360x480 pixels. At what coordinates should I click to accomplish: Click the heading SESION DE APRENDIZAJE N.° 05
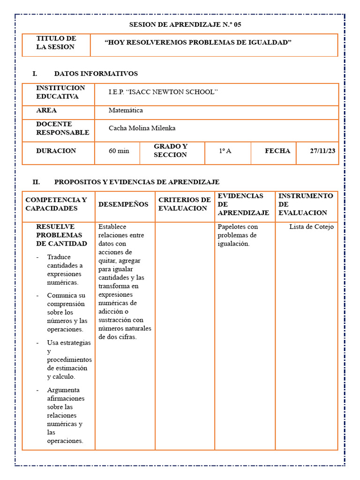[x=185, y=24]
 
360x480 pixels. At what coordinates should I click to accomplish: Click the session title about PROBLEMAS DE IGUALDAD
[x=198, y=43]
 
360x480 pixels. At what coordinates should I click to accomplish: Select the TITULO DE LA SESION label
[x=56, y=43]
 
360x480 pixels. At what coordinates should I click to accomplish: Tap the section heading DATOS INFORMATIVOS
[x=96, y=74]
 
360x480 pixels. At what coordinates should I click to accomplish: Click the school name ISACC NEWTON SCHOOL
[x=163, y=92]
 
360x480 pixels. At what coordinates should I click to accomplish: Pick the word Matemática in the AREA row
[x=126, y=111]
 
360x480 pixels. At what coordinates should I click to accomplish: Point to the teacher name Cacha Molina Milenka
[x=142, y=128]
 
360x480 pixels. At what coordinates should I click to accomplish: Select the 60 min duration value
[x=119, y=151]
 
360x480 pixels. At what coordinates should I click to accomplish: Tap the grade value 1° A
[x=225, y=151]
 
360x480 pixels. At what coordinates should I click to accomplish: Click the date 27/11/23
[x=322, y=151]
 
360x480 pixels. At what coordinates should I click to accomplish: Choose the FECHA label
[x=277, y=151]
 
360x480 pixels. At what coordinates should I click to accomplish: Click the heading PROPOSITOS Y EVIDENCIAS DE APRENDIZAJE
[x=136, y=182]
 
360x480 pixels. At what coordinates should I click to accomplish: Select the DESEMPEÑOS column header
[x=123, y=204]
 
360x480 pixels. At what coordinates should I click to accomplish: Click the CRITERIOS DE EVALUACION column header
[x=184, y=204]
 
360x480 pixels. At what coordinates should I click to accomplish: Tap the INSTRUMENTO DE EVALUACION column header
[x=306, y=204]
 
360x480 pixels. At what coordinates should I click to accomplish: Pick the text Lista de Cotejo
[x=311, y=227]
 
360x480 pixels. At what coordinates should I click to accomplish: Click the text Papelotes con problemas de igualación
[x=238, y=235]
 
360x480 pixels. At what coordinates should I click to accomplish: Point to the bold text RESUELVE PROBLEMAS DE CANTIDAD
[x=61, y=235]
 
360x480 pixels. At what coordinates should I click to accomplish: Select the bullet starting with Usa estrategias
[x=69, y=360]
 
